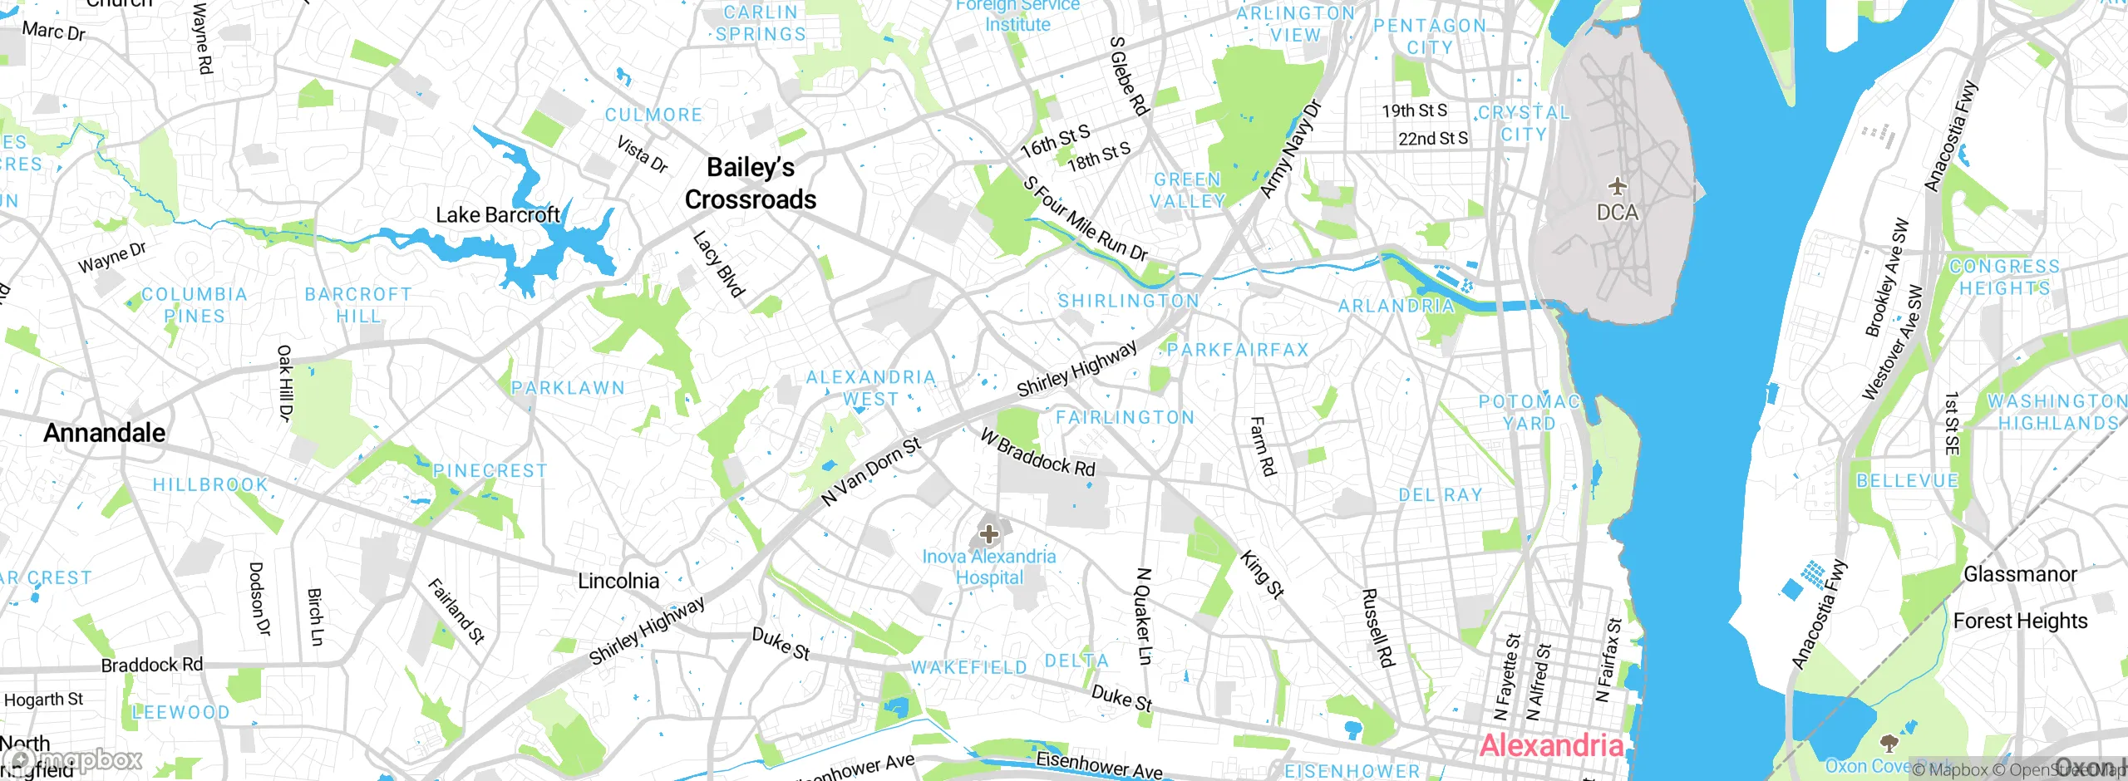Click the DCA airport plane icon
pos(1617,184)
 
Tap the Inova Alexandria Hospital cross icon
pos(989,534)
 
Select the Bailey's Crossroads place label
pos(751,184)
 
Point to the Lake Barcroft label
pos(498,215)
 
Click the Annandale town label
pos(105,433)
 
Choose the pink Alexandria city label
pos(1551,745)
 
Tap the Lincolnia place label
pos(618,581)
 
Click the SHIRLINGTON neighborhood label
pos(1128,301)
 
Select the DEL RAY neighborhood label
pos(1440,495)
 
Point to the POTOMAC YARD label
pos(1529,412)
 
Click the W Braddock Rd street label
pos(1037,453)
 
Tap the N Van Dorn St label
pos(870,471)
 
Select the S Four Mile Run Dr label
pos(1085,219)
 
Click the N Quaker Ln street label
pos(1144,616)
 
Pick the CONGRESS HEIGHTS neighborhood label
pos(2004,278)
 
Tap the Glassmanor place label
pos(2019,574)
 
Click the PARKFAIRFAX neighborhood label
pos(1238,350)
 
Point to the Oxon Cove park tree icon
pos(1889,741)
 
